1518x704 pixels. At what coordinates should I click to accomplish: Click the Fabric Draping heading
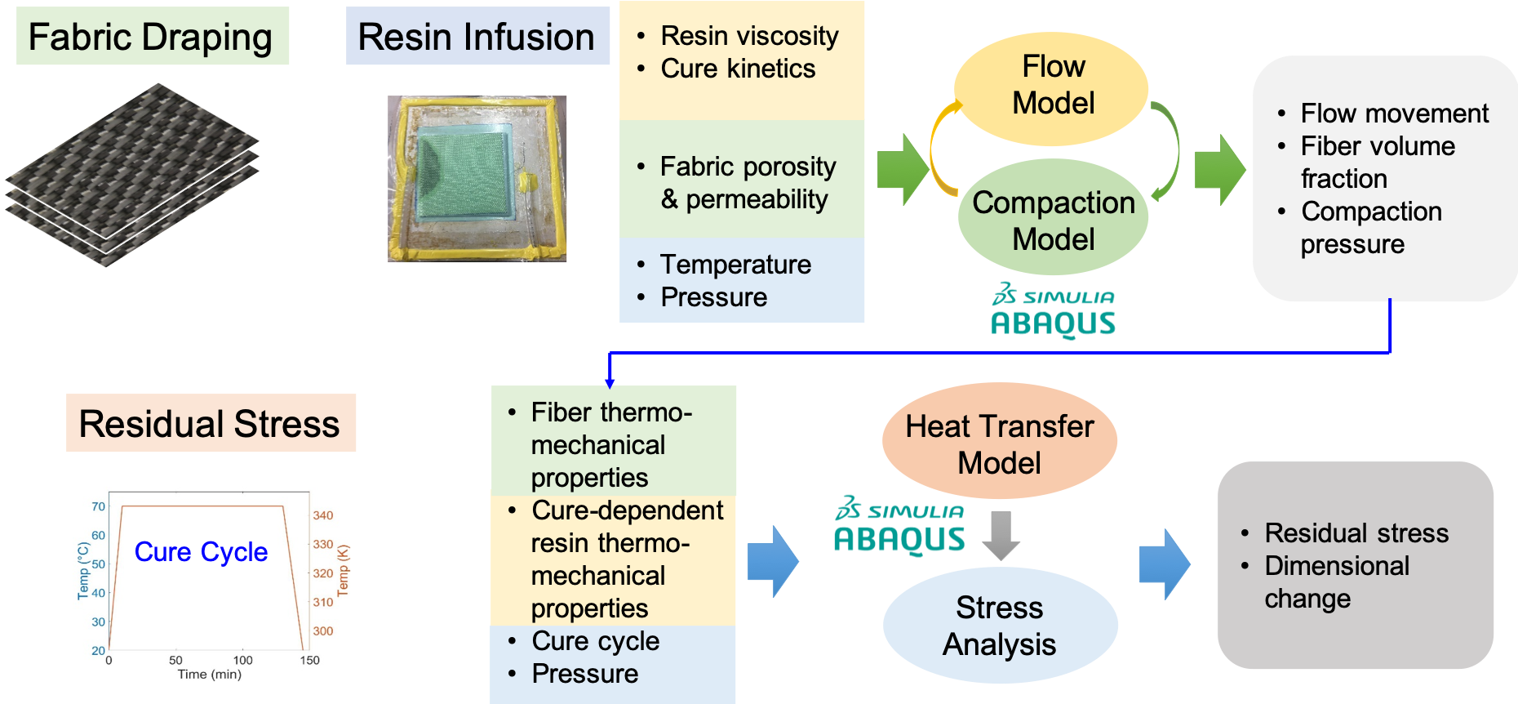coord(151,37)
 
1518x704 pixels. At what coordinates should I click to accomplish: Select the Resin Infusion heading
coord(477,37)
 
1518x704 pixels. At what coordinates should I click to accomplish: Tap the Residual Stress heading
coord(210,424)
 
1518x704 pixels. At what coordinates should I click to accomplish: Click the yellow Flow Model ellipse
coord(1052,86)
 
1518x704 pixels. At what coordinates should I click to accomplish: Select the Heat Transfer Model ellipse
coord(999,443)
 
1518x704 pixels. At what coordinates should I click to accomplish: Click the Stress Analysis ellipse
coord(1000,626)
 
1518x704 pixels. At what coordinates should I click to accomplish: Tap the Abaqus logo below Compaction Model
coord(1044,311)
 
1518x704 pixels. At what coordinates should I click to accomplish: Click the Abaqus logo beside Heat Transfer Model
coord(890,527)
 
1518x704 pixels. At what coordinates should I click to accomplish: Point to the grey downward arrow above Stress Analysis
coord(1001,536)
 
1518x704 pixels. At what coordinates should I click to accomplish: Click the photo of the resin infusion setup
coord(477,179)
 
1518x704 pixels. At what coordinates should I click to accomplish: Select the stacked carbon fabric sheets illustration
coord(132,175)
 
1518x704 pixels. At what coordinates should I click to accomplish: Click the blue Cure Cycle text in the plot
coord(201,552)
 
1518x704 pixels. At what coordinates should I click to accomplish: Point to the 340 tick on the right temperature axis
coord(323,515)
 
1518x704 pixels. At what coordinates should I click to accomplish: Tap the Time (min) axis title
coord(210,675)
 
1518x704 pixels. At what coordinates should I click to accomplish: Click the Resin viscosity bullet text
coord(749,36)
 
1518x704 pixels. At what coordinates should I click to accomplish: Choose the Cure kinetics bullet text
coord(738,69)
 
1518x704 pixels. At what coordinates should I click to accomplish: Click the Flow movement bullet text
coord(1394,113)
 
